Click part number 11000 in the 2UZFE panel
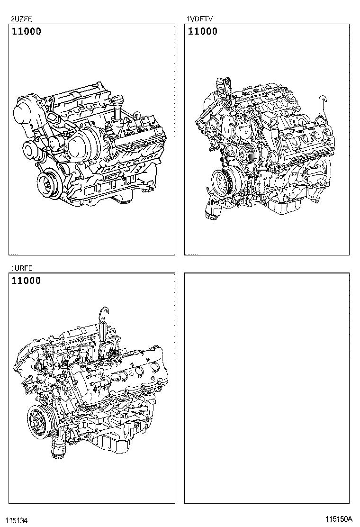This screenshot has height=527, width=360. click(x=26, y=32)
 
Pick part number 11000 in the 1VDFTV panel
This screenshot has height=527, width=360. click(x=203, y=32)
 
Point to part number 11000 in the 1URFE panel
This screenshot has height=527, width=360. click(x=26, y=281)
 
